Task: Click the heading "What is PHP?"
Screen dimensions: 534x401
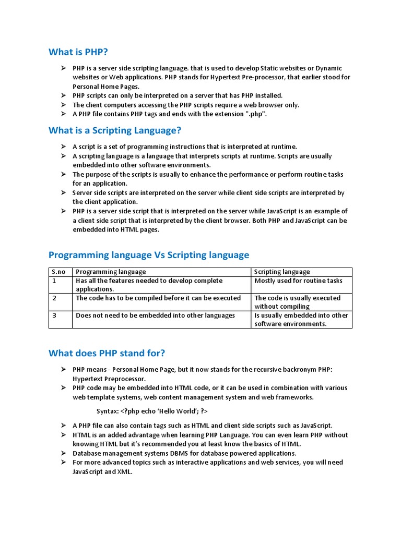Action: coord(78,52)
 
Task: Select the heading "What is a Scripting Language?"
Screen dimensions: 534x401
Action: coord(115,130)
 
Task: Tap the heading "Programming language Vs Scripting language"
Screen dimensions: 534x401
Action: coord(149,255)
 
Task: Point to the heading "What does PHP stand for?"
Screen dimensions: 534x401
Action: coord(107,353)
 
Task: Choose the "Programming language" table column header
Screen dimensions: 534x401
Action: coord(111,272)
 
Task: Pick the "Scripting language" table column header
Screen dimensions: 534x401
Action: coord(282,272)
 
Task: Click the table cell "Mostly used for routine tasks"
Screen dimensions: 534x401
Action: coord(298,281)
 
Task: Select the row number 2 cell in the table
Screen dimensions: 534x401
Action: coord(54,298)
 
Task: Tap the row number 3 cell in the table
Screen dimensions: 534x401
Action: coord(54,315)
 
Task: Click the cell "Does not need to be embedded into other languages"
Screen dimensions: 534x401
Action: coord(155,315)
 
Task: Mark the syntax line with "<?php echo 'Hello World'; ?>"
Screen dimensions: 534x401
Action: coord(152,411)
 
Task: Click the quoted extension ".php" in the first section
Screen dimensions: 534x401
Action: coord(257,114)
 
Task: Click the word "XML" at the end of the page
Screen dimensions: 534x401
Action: coord(125,471)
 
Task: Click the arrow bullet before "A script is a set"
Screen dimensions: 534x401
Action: coord(63,147)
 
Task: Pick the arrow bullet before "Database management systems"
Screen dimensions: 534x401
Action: coord(63,453)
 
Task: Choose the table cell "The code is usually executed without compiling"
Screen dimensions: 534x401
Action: coord(297,302)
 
